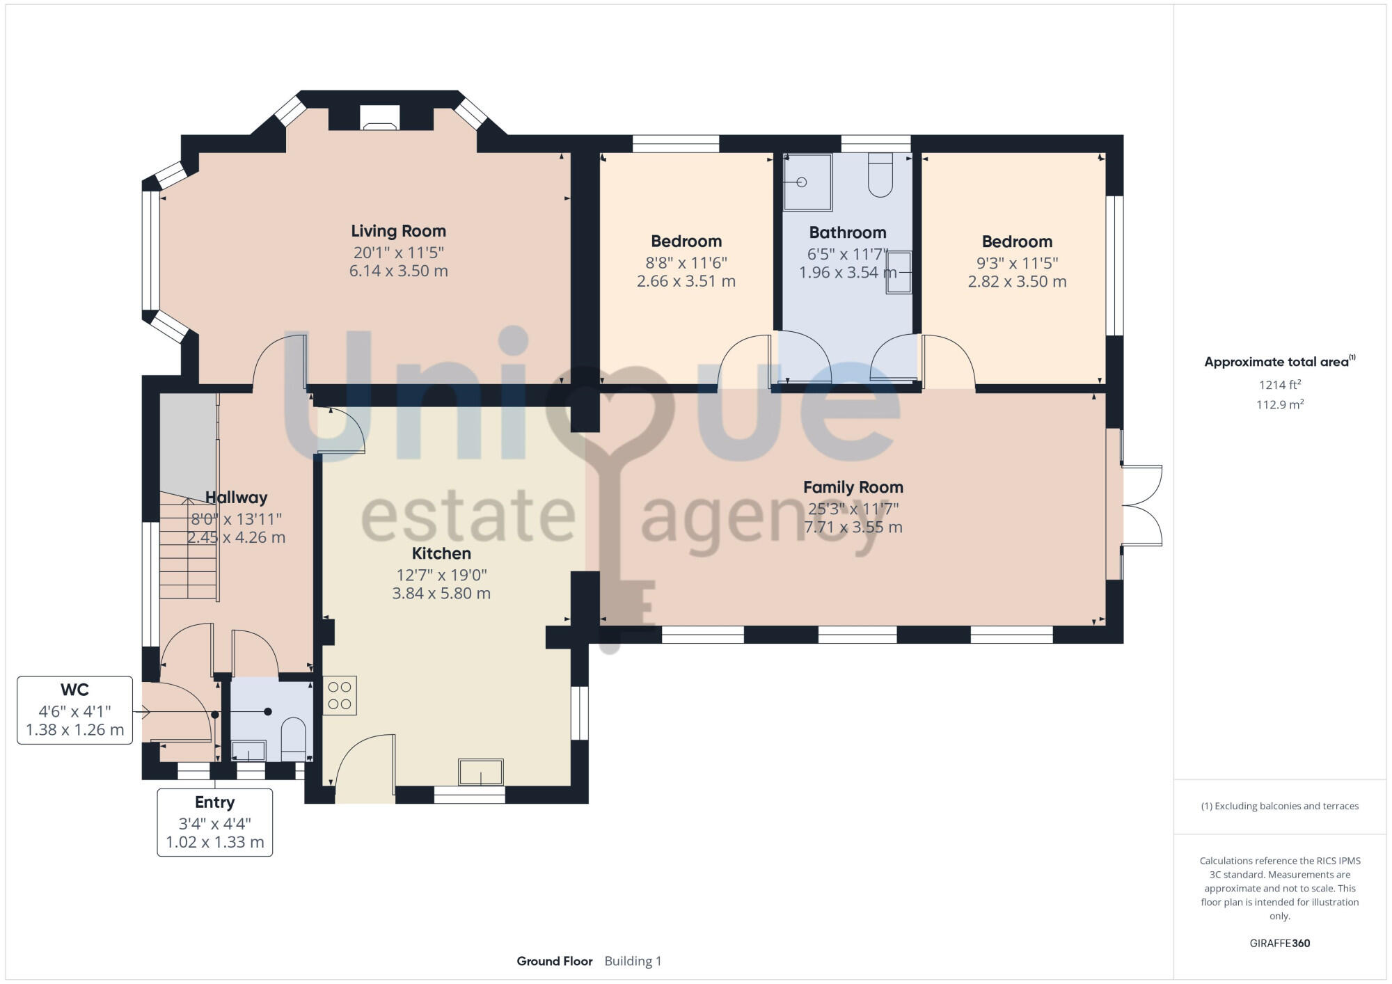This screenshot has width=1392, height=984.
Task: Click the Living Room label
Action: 398,231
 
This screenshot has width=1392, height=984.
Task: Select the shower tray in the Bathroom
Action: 807,182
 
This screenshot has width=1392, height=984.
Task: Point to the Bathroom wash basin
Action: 899,273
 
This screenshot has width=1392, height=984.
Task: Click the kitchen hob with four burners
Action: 340,695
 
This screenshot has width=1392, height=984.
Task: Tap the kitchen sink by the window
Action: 480,772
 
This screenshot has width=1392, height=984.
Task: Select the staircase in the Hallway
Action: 188,547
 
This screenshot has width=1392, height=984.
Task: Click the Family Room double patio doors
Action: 1141,505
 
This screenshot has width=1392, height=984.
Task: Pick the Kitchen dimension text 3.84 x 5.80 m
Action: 441,594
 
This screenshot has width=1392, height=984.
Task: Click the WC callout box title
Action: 74,690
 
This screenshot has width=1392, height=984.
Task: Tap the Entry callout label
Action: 214,802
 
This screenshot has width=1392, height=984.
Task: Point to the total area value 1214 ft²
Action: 1279,384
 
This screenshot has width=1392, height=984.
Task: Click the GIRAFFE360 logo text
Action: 1279,944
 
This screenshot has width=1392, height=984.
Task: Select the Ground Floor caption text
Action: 555,961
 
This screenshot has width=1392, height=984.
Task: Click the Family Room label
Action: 853,487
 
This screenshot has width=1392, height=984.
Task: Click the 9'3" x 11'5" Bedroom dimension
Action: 1017,263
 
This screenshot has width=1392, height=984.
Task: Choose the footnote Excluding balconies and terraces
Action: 1279,806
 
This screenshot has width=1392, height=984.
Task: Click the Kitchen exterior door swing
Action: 365,765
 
